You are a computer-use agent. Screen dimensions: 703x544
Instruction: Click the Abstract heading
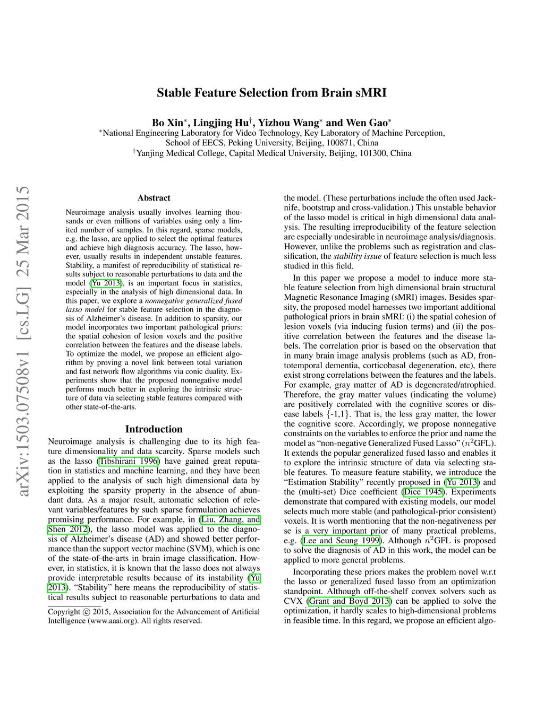click(154, 198)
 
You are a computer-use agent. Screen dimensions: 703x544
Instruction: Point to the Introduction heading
click(154, 429)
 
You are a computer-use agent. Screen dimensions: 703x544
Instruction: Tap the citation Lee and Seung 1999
click(342, 541)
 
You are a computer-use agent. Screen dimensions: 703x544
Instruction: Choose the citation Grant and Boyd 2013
click(349, 601)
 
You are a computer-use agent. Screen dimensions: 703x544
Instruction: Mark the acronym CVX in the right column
click(293, 601)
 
